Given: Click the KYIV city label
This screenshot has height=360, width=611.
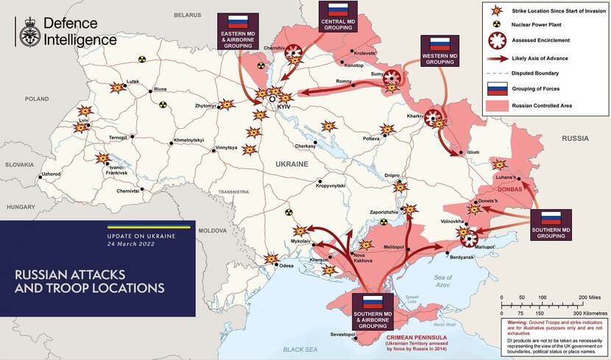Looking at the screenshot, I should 285,107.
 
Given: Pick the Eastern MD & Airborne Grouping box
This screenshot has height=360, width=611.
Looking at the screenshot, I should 237,30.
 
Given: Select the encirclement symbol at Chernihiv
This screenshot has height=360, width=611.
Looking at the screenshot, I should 293,50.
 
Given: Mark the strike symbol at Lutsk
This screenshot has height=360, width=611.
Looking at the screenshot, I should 116,88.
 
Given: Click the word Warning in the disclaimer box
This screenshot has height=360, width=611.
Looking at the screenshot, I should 518,322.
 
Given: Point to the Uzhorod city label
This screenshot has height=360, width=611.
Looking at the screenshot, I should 51,174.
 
